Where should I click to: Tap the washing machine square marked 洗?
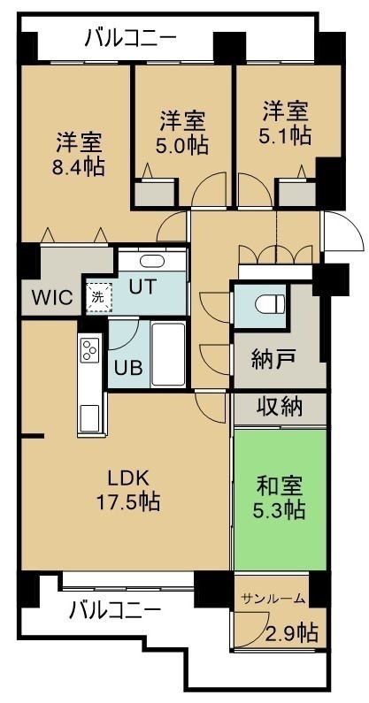click(x=99, y=295)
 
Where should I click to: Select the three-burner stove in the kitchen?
click(x=90, y=349)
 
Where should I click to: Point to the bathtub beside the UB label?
click(x=168, y=355)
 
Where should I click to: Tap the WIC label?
click(x=52, y=297)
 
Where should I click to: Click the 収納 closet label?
click(x=280, y=407)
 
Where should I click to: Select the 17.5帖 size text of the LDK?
click(x=128, y=501)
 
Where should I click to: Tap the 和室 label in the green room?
click(x=280, y=485)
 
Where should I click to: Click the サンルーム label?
click(x=273, y=599)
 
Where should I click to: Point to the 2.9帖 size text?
click(x=292, y=633)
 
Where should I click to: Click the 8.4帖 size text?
click(x=79, y=167)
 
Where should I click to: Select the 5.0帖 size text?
click(x=181, y=146)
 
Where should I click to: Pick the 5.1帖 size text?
click(x=286, y=135)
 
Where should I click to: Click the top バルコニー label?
click(x=131, y=39)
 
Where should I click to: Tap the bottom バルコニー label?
click(x=115, y=610)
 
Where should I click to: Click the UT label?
click(x=142, y=286)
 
